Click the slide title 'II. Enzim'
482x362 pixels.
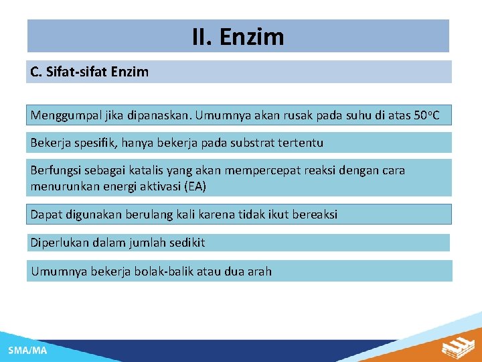(x=238, y=36)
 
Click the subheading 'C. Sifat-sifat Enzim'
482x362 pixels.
(x=90, y=72)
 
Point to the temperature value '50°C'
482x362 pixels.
(x=426, y=115)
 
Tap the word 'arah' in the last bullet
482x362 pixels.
(x=259, y=271)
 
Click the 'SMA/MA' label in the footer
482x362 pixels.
(x=27, y=350)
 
